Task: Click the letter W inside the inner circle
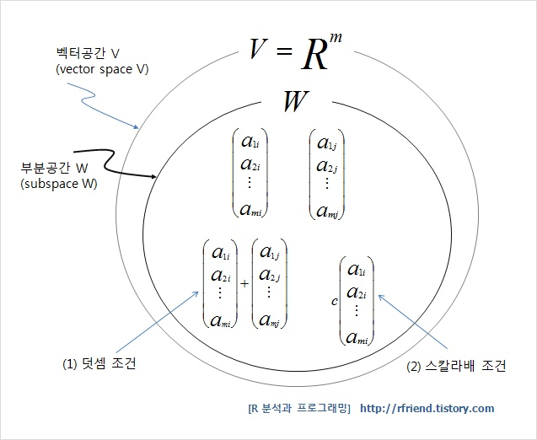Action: point(295,103)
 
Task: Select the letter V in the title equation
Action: point(259,52)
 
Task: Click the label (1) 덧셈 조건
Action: point(99,364)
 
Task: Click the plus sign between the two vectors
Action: point(244,284)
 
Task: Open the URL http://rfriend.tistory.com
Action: point(427,409)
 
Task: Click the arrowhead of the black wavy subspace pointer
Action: point(157,177)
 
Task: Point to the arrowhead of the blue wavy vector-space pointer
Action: point(139,129)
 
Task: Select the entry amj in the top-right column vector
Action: point(327,211)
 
